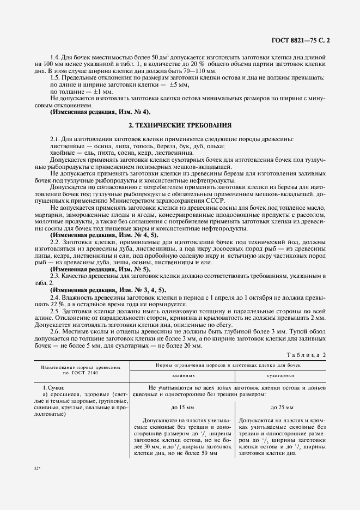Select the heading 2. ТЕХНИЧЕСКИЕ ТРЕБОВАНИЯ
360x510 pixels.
point(180,125)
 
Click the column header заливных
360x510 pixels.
point(183,376)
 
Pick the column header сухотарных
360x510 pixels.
point(281,376)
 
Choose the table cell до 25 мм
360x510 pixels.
point(282,407)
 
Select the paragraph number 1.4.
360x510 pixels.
point(54,57)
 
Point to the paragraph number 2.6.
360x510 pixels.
point(54,332)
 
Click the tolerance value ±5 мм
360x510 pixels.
point(179,85)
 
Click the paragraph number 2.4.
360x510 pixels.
point(54,297)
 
